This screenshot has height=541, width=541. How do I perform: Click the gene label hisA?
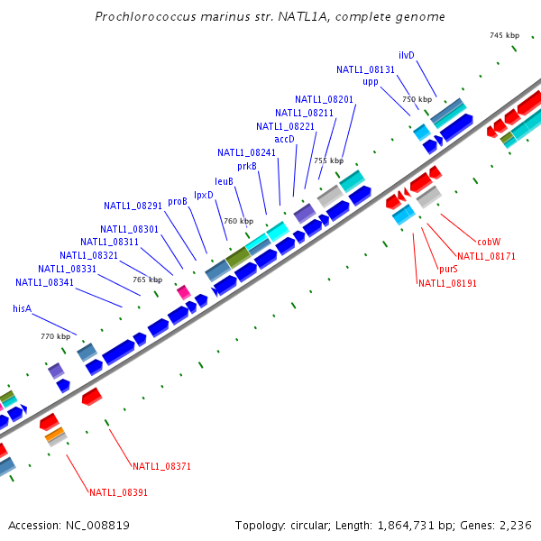pyautogui.click(x=22, y=308)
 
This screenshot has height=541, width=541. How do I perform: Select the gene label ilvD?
pyautogui.click(x=407, y=55)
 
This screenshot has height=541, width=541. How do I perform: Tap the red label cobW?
pyautogui.click(x=489, y=242)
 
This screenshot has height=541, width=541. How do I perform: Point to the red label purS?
pyautogui.click(x=448, y=269)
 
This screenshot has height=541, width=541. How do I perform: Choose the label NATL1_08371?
pyautogui.click(x=161, y=466)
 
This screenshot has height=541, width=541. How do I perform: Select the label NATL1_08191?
pyautogui.click(x=447, y=283)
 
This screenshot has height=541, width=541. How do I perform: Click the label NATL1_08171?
pyautogui.click(x=486, y=256)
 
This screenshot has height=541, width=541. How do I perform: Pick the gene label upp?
pyautogui.click(x=371, y=82)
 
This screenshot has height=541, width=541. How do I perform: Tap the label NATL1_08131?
pyautogui.click(x=366, y=69)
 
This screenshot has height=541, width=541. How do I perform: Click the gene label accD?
pyautogui.click(x=284, y=139)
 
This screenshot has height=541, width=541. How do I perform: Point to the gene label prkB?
pyautogui.click(x=247, y=166)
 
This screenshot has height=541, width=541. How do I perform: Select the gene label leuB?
pyautogui.click(x=225, y=181)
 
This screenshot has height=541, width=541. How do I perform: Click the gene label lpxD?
pyautogui.click(x=204, y=195)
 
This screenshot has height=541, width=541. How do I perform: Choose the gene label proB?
pyautogui.click(x=178, y=202)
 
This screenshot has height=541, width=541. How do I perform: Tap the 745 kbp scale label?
pyautogui.click(x=505, y=35)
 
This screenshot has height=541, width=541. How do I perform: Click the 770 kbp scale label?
pyautogui.click(x=55, y=336)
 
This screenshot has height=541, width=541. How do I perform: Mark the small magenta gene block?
pyautogui.click(x=183, y=291)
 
